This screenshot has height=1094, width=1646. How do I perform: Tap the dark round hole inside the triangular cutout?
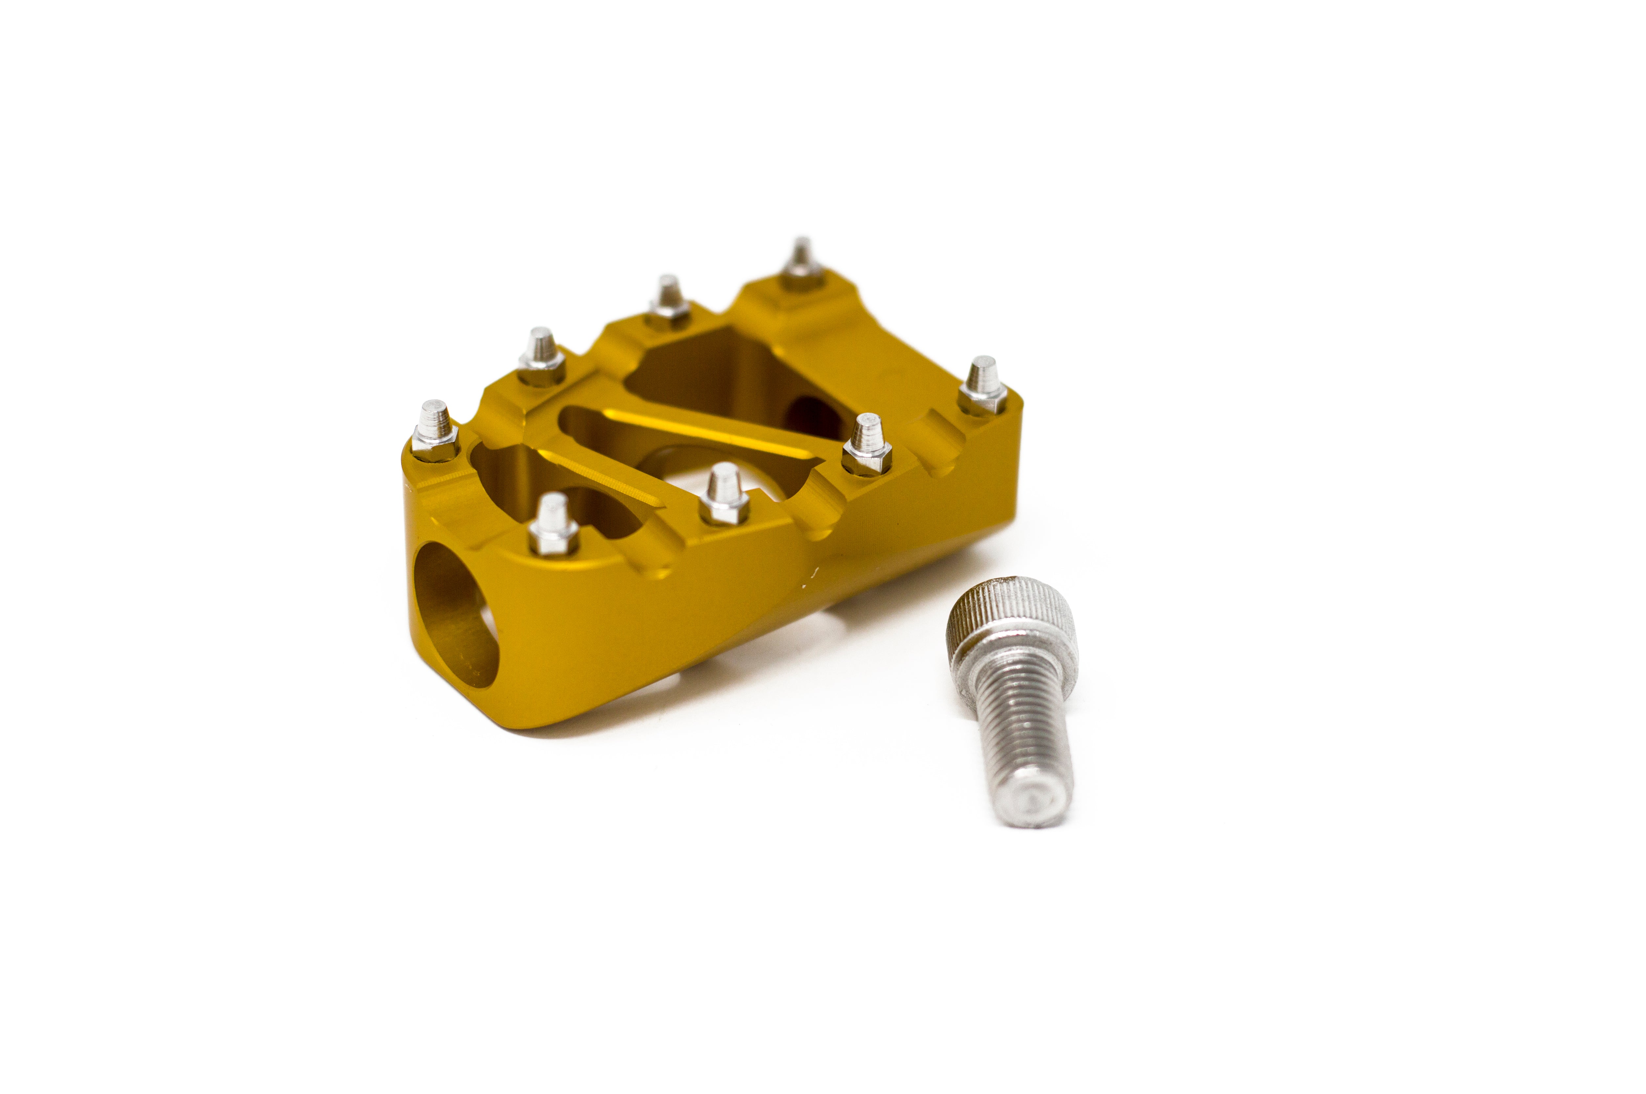click(813, 415)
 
